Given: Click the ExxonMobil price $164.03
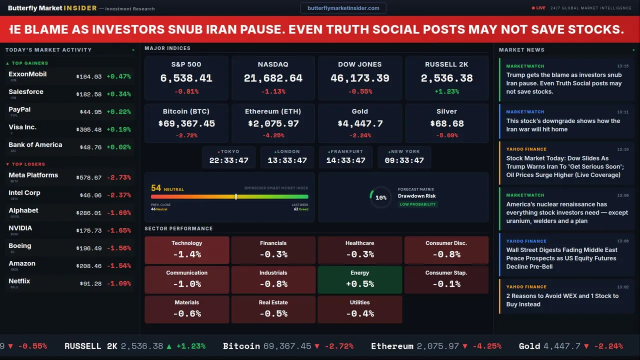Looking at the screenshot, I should tap(89, 76).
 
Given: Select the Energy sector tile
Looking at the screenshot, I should tap(359, 279).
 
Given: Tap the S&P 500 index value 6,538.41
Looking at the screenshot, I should tap(186, 78).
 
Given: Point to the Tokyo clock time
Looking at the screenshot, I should tap(228, 160).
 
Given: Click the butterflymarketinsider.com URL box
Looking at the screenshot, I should tap(343, 8).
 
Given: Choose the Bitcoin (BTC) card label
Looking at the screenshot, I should tap(186, 111).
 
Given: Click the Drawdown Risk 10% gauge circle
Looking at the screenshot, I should tap(380, 197).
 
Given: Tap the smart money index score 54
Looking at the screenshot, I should tap(156, 188).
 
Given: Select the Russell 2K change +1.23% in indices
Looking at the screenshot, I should tap(446, 91).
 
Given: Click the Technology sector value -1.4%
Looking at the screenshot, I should tap(187, 254).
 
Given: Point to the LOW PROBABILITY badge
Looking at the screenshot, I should tap(417, 204).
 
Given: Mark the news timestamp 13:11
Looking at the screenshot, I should tap(622, 112).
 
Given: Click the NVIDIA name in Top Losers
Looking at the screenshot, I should tap(20, 228).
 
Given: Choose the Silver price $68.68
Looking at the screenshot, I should tap(446, 123).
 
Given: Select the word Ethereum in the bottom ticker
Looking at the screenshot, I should tap(392, 346).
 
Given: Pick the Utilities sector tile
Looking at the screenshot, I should tap(359, 309).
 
